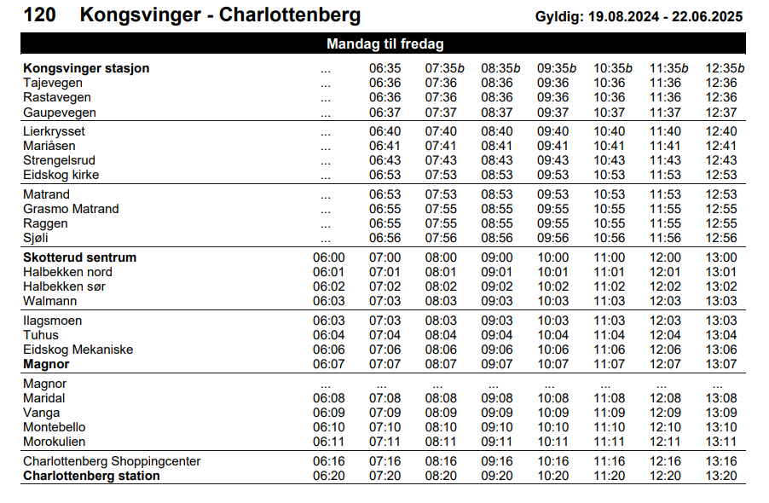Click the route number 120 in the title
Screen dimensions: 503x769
point(40,15)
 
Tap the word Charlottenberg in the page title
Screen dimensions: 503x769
point(290,15)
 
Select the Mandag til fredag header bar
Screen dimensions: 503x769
point(384,43)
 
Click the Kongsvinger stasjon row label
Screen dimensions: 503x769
point(86,68)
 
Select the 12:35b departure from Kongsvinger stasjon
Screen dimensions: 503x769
point(725,68)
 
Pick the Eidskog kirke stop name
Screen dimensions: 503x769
point(61,175)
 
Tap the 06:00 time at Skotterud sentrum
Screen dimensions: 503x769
point(328,257)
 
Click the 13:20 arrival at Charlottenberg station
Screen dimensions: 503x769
point(721,476)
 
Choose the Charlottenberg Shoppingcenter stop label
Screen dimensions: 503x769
point(112,461)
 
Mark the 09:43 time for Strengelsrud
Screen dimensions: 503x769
point(552,160)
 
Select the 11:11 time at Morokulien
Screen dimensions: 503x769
point(609,442)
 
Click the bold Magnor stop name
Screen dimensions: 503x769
point(46,364)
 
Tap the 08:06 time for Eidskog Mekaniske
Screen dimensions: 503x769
point(441,350)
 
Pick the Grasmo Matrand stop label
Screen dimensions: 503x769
point(71,209)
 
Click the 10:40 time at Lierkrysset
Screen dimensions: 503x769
point(609,131)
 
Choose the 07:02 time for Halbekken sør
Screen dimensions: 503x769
point(384,286)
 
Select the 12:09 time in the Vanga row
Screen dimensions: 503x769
point(665,413)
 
